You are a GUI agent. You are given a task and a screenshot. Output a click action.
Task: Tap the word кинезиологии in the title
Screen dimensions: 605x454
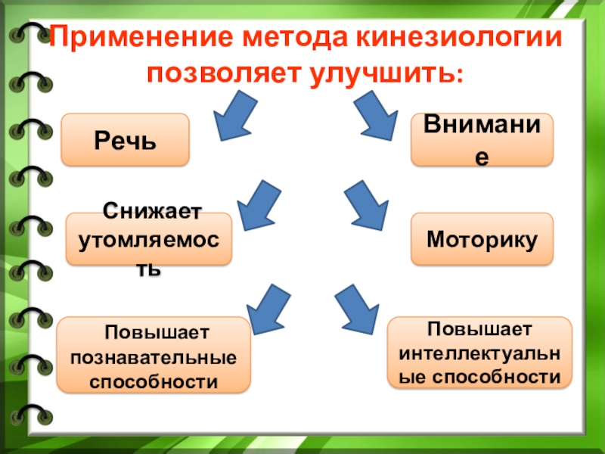[458, 39]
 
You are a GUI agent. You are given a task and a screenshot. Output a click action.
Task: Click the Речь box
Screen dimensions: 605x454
[125, 140]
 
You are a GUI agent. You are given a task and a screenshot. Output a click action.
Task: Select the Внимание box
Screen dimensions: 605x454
[481, 140]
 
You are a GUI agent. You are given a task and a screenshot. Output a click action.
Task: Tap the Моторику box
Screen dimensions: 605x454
[482, 238]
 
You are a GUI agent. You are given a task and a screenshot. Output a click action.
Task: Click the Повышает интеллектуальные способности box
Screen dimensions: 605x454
[479, 353]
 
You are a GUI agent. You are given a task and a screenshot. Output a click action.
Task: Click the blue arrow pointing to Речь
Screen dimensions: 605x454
[237, 114]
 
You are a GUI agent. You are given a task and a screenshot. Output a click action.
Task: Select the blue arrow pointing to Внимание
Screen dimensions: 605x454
[375, 114]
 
